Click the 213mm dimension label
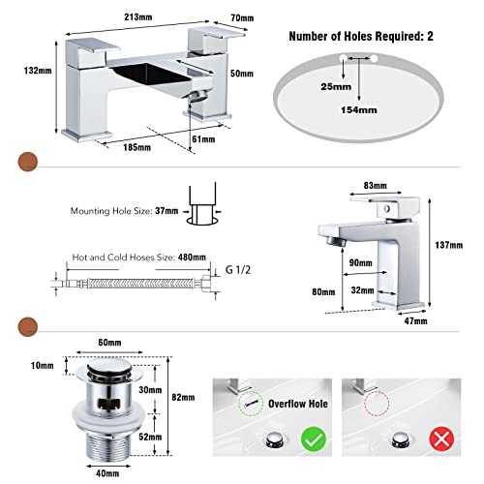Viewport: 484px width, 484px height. pyautogui.click(x=138, y=17)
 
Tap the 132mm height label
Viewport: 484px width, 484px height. pyautogui.click(x=38, y=71)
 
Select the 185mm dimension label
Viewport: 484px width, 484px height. pyautogui.click(x=136, y=147)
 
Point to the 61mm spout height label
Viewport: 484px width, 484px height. pyautogui.click(x=203, y=139)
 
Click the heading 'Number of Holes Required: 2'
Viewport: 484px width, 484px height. pyautogui.click(x=361, y=36)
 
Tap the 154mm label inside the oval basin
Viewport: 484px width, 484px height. pyautogui.click(x=359, y=110)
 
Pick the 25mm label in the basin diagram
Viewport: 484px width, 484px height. pyautogui.click(x=336, y=86)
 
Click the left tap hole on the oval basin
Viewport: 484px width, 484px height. pyautogui.click(x=343, y=58)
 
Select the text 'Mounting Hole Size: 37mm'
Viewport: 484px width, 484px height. pyautogui.click(x=124, y=211)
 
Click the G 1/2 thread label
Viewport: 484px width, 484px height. pyautogui.click(x=238, y=270)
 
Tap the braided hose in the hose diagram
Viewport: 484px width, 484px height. pyautogui.click(x=142, y=284)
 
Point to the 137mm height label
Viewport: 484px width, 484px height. pyautogui.click(x=448, y=245)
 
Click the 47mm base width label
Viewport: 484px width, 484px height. pyautogui.click(x=415, y=321)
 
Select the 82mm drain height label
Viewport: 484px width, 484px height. pyautogui.click(x=183, y=397)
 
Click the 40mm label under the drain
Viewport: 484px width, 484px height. pyautogui.click(x=107, y=473)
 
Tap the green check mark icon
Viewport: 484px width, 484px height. pyautogui.click(x=314, y=439)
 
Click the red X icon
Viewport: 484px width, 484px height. pyautogui.click(x=441, y=439)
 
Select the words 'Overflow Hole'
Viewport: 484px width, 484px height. pyautogui.click(x=298, y=404)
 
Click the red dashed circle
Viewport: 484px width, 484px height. pyautogui.click(x=377, y=404)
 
